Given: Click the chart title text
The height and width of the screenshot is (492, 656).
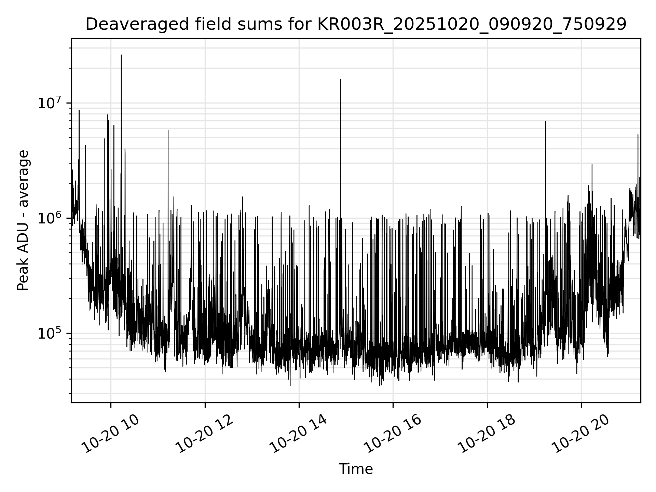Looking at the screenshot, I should pyautogui.click(x=356, y=25).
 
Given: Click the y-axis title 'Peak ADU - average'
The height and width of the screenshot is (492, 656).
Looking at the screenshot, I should pyautogui.click(x=23, y=221).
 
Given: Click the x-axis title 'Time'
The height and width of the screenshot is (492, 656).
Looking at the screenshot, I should pyautogui.click(x=356, y=469).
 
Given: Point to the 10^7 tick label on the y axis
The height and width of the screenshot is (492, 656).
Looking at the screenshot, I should pyautogui.click(x=51, y=103).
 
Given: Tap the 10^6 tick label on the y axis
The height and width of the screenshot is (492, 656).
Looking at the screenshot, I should pyautogui.click(x=51, y=218).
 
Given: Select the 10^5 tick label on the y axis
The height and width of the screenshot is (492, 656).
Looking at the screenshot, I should pyautogui.click(x=51, y=333).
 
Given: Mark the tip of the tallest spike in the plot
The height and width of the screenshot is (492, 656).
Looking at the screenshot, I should pyautogui.click(x=121, y=55).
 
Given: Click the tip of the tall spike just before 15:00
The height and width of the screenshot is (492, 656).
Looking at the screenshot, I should pyautogui.click(x=340, y=80).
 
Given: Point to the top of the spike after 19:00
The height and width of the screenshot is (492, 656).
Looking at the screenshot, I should pyautogui.click(x=545, y=122).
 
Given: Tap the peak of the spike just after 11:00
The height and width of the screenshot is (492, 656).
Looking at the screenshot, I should pyautogui.click(x=168, y=130).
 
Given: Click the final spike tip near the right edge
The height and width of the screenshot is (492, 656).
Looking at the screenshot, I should pyautogui.click(x=638, y=135).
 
